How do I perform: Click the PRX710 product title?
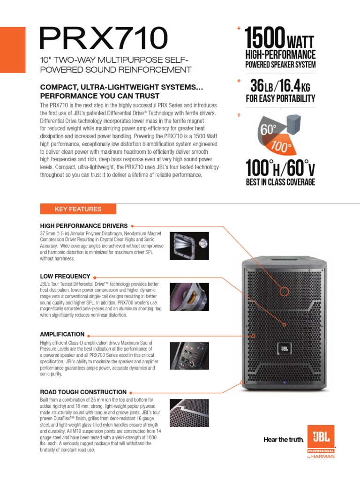pyautogui.click(x=103, y=38)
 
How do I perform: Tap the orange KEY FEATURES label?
pyautogui.click(x=78, y=209)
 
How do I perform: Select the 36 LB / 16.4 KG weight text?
pyautogui.click(x=280, y=86)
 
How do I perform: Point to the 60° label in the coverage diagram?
pyautogui.click(x=268, y=129)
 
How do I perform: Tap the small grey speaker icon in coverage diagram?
pyautogui.click(x=295, y=122)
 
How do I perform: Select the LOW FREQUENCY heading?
pyautogui.click(x=65, y=277)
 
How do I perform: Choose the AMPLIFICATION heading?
pyautogui.click(x=62, y=334)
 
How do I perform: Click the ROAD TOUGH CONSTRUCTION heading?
pyautogui.click(x=83, y=392)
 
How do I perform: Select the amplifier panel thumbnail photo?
pyautogui.click(x=189, y=355)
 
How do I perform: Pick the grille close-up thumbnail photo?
pyautogui.click(x=189, y=412)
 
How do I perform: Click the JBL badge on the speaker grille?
pyautogui.click(x=284, y=348)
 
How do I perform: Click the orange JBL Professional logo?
pyautogui.click(x=321, y=440)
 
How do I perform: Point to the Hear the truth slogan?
pyautogui.click(x=284, y=440)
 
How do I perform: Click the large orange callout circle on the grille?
pyautogui.click(x=284, y=292)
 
